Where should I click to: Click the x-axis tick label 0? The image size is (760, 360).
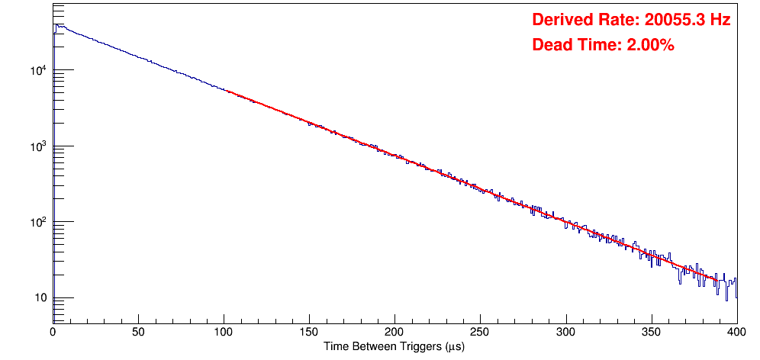tap(53, 331)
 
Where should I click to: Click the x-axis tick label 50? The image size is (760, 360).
tap(138, 331)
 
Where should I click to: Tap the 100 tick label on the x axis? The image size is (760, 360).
tap(224, 331)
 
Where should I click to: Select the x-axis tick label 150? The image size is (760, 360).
tap(309, 331)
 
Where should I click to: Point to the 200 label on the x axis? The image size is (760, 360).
tap(394, 331)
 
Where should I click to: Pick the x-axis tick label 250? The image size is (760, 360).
tap(480, 331)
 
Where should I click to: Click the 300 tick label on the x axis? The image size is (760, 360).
tap(565, 331)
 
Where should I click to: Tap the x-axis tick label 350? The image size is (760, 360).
tap(651, 331)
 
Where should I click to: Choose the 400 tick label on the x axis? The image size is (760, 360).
tap(735, 331)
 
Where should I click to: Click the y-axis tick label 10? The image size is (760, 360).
tap(41, 298)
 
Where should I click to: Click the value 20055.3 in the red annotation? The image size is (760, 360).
tap(665, 21)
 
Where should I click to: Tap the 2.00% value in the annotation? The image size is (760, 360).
tap(649, 46)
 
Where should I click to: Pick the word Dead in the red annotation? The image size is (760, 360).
tap(552, 46)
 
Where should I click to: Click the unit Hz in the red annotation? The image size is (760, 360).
tap(720, 21)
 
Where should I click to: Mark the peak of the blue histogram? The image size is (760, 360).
tap(56, 25)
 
